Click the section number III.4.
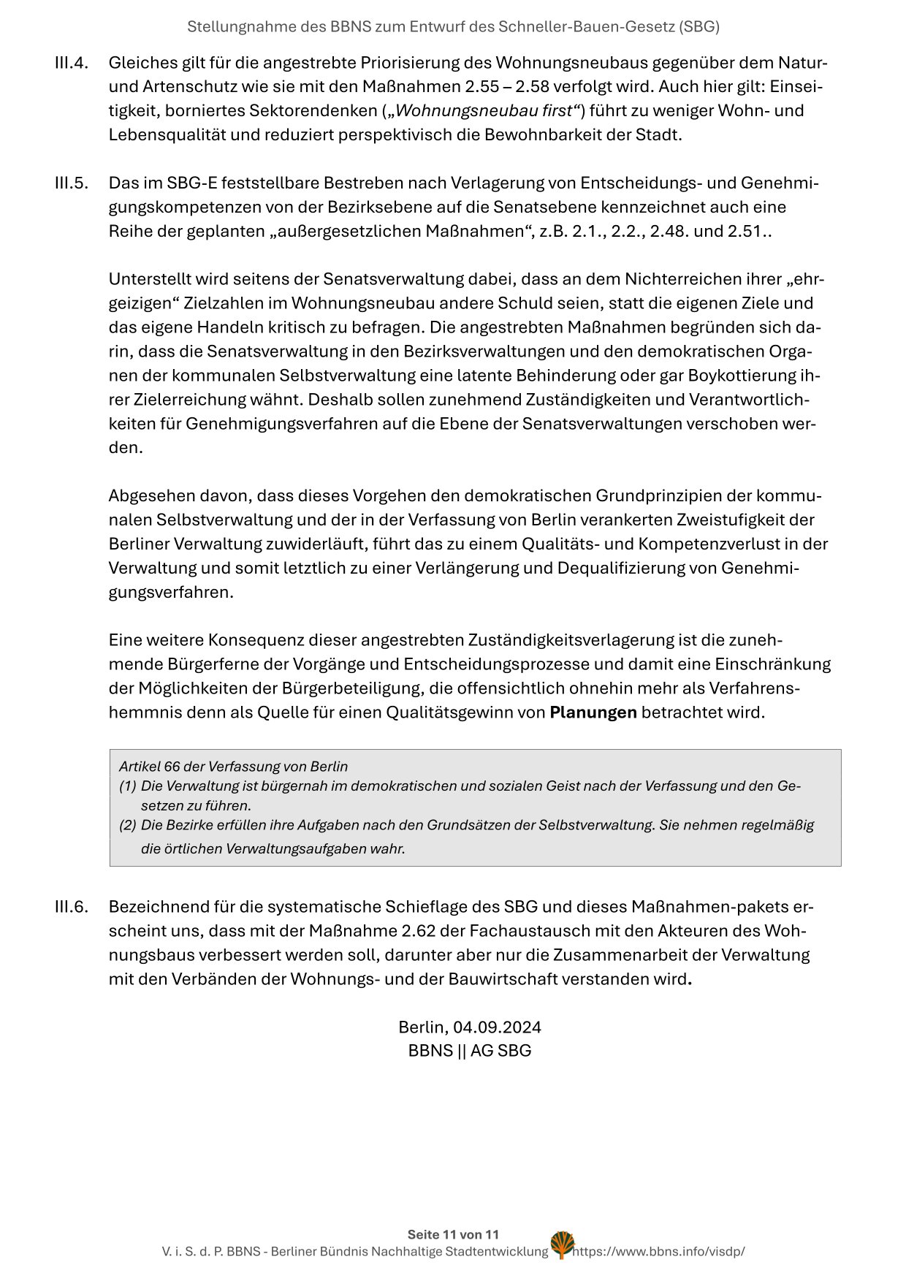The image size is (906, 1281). [x=71, y=63]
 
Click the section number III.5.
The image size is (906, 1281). [x=71, y=183]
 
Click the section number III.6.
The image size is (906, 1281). [x=71, y=907]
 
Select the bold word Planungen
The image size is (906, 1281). [x=593, y=712]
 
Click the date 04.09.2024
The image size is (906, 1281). [x=497, y=1027]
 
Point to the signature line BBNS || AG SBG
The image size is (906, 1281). [x=469, y=1051]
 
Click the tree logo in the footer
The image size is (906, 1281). [x=562, y=1245]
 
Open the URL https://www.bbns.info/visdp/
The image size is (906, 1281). [x=659, y=1251]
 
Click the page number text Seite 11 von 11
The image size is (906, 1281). [x=453, y=1234]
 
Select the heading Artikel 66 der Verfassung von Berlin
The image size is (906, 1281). [x=233, y=767]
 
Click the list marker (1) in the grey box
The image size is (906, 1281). [x=128, y=786]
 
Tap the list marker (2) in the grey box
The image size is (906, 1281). [x=128, y=825]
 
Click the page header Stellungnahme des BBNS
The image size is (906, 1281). [x=453, y=27]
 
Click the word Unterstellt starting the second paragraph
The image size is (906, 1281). [x=148, y=279]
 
